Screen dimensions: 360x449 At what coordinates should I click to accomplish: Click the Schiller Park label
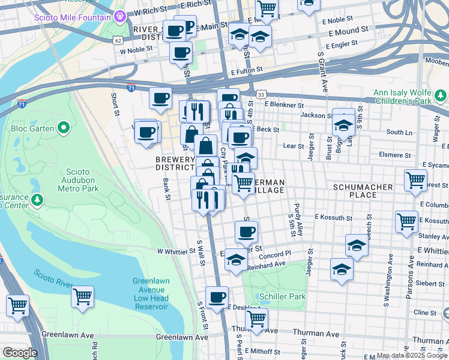point(283,296)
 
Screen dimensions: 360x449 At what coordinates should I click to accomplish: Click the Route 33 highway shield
point(260,94)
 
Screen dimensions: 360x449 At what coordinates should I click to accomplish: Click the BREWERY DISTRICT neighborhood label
point(175,163)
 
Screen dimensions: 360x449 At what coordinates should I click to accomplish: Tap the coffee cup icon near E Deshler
point(217,296)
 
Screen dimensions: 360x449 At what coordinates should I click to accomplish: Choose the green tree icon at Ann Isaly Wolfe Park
point(441,95)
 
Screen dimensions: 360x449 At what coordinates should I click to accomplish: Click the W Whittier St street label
point(177,251)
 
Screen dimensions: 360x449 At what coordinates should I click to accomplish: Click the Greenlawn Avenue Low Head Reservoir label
point(151,293)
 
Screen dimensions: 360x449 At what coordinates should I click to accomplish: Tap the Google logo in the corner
point(19,353)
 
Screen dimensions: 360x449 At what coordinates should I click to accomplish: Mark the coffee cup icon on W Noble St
point(180,52)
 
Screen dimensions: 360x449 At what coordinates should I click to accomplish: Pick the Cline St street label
point(424,313)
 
